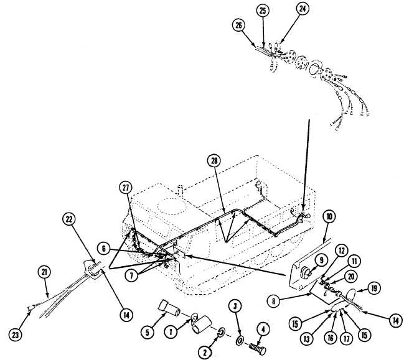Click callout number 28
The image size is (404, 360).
pyautogui.click(x=214, y=161)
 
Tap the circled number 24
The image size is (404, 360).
pyautogui.click(x=303, y=9)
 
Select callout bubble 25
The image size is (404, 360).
pyautogui.click(x=263, y=11)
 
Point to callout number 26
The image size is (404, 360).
pyautogui.click(x=238, y=25)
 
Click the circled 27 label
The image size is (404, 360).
pyautogui.click(x=126, y=188)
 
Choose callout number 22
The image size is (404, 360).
pyautogui.click(x=69, y=219)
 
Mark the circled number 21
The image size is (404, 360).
pyautogui.click(x=44, y=272)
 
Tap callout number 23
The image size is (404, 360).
pyautogui.click(x=15, y=335)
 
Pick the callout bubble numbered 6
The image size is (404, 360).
pyautogui.click(x=104, y=249)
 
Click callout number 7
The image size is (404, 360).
pyautogui.click(x=131, y=275)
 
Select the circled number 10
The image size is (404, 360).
pyautogui.click(x=329, y=216)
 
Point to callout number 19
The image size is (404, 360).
pyautogui.click(x=373, y=288)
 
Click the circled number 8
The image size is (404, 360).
pyautogui.click(x=273, y=301)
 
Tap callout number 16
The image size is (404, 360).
pyautogui.click(x=331, y=338)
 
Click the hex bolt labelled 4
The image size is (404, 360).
pyautogui.click(x=257, y=349)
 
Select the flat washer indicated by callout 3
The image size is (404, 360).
pyautogui.click(x=240, y=341)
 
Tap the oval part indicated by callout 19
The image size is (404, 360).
pyautogui.click(x=352, y=293)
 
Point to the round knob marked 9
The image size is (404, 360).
pyautogui.click(x=306, y=272)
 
